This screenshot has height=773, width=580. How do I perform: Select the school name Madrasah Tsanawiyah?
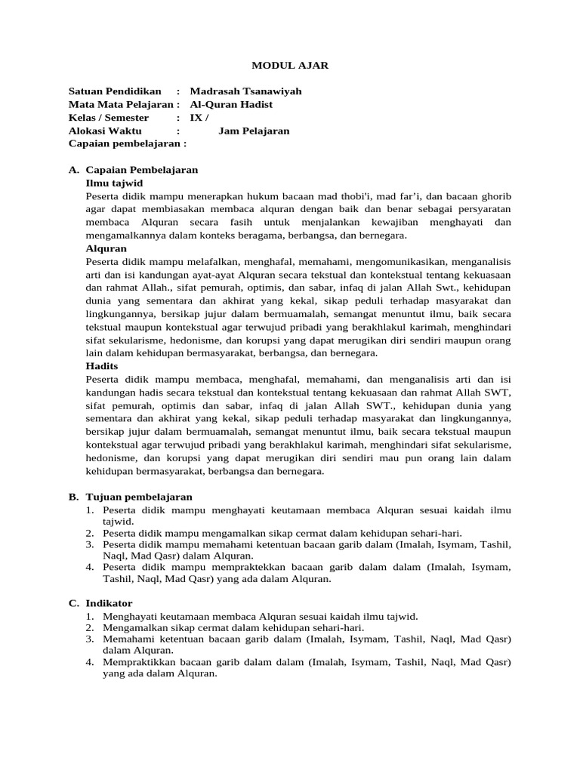pyautogui.click(x=245, y=91)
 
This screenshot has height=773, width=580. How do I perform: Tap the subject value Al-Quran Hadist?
pyautogui.click(x=235, y=104)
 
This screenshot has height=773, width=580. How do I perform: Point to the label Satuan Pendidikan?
pyautogui.click(x=115, y=91)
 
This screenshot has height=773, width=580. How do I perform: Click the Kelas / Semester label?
pyautogui.click(x=109, y=118)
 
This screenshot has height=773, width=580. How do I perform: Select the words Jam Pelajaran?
pyautogui.click(x=254, y=131)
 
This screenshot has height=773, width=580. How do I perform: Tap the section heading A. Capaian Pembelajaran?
pyautogui.click(x=133, y=170)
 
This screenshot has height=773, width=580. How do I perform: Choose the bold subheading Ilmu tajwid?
pyautogui.click(x=114, y=183)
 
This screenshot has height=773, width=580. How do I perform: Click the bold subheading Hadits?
pyautogui.click(x=102, y=366)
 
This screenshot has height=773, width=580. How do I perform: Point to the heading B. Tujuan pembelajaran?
pyautogui.click(x=130, y=497)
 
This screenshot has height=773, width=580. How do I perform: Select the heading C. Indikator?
pyautogui.click(x=100, y=603)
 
